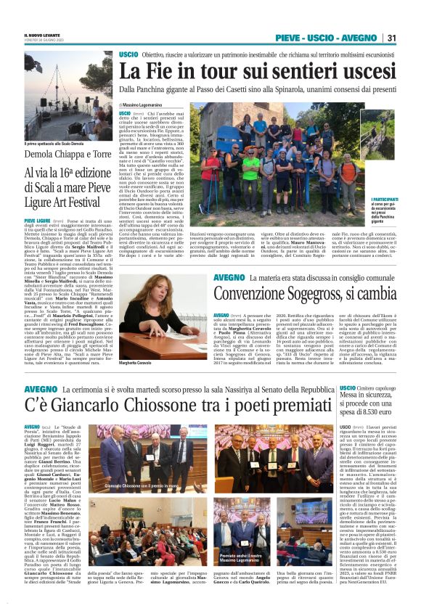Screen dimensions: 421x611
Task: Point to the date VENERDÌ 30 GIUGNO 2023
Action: tap(41, 41)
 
